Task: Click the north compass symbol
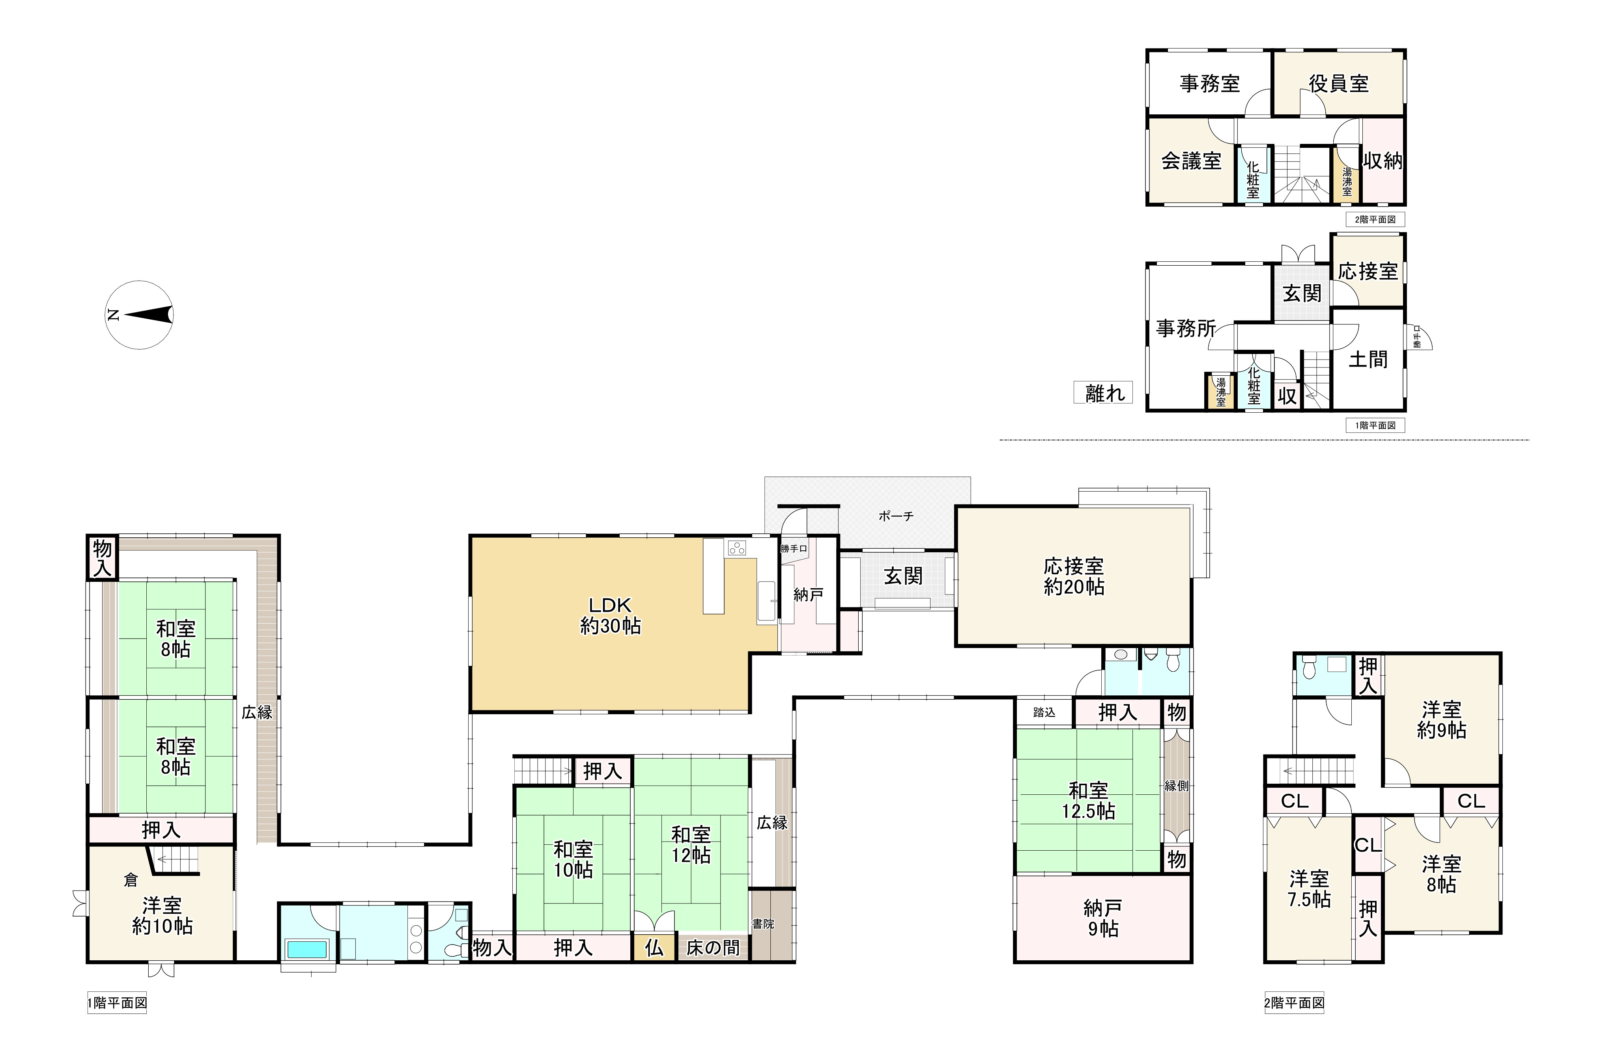[x=139, y=315]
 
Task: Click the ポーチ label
[x=896, y=516]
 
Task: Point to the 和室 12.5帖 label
[x=1088, y=801]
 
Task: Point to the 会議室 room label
[x=1191, y=160]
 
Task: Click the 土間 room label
[x=1368, y=359]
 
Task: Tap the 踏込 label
[x=1044, y=712]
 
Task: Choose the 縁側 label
[x=1177, y=786]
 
